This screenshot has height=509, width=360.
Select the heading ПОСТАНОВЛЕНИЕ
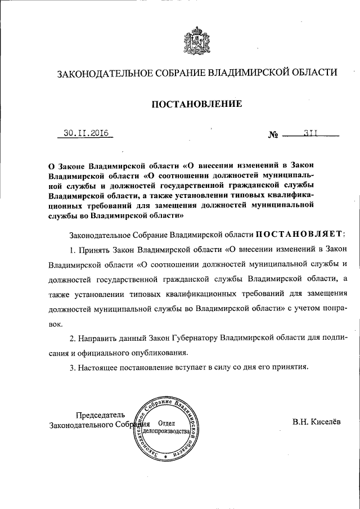(196, 103)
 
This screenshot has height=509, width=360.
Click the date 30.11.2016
(85, 133)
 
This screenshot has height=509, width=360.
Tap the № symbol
(274, 135)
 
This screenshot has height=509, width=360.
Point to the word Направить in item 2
(97, 339)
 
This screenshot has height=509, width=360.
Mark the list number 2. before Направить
(73, 339)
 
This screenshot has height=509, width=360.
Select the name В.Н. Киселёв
(316, 422)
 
